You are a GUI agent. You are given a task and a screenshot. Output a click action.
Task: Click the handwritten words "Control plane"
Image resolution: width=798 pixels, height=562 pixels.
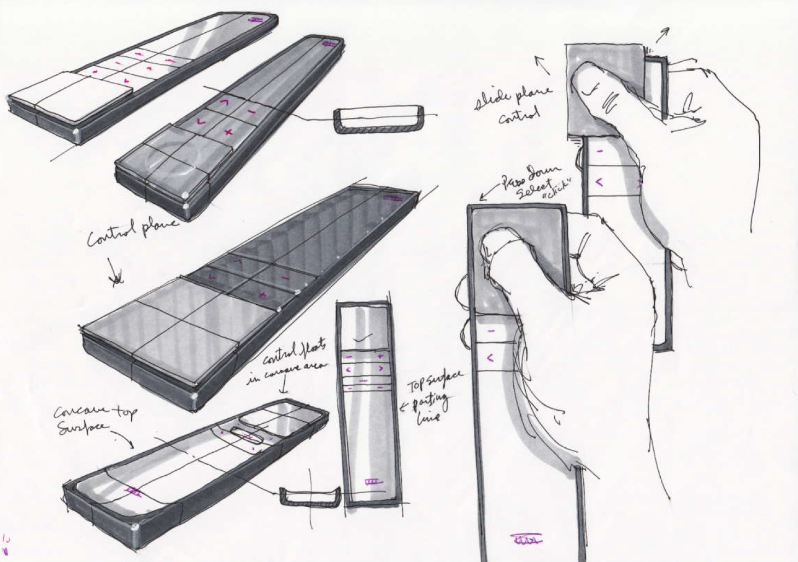(x=133, y=231)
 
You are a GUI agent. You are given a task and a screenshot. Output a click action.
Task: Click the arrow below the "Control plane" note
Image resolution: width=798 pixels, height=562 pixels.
(x=116, y=271)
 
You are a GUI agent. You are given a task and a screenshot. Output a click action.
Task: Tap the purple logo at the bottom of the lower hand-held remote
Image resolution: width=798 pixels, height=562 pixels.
(x=526, y=540)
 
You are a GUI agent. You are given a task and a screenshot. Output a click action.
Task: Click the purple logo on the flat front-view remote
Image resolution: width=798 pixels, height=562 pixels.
(x=373, y=482)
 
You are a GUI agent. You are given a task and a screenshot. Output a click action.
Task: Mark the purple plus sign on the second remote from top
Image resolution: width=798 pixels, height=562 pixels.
(x=228, y=132)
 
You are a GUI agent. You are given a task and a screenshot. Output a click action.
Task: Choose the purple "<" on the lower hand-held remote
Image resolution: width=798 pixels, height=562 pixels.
(x=490, y=358)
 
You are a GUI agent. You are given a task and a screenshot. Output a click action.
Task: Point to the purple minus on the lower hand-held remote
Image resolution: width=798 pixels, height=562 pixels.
(x=490, y=332)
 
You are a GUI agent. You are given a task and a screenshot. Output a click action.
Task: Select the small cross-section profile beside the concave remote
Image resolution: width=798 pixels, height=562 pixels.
(x=310, y=496)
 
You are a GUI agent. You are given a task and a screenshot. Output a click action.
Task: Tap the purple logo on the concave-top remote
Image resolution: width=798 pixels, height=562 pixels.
(x=133, y=491)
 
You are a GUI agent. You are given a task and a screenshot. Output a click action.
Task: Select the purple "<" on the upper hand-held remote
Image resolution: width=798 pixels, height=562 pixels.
(x=599, y=182)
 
